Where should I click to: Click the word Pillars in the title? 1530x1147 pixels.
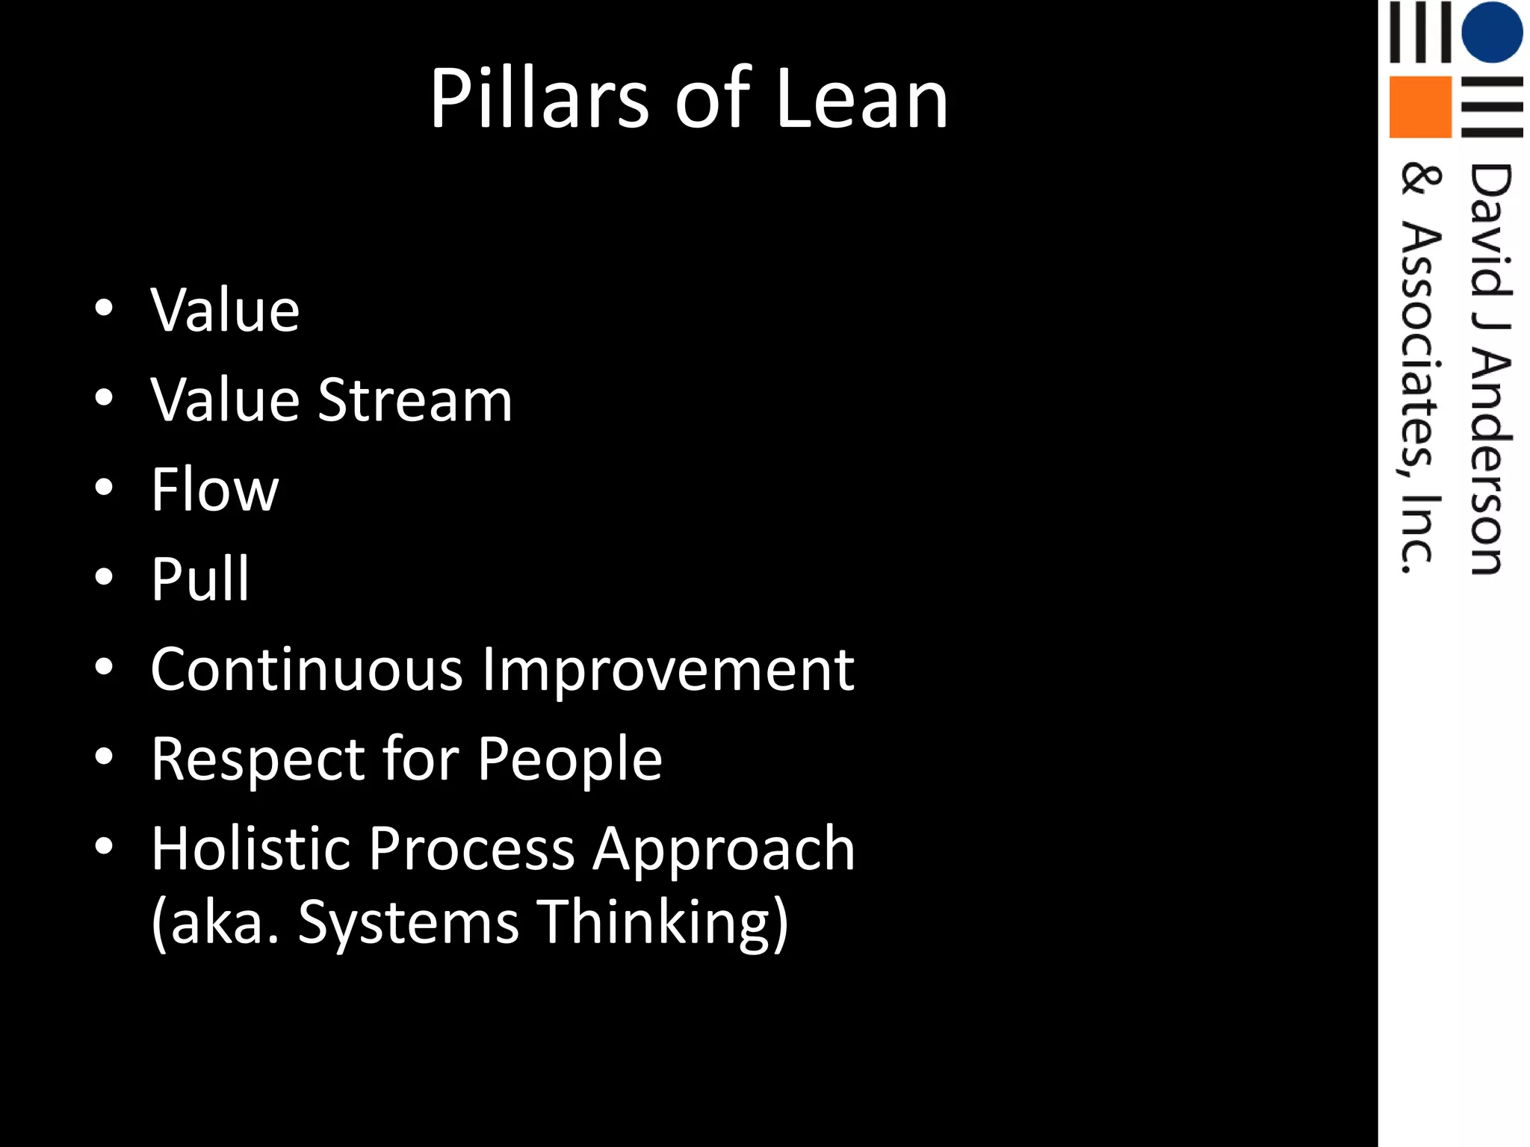(x=538, y=99)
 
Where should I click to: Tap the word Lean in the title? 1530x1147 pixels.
(x=861, y=99)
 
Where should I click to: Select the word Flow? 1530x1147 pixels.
(x=214, y=490)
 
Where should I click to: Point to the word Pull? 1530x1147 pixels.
(x=199, y=579)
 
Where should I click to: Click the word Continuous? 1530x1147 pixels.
(x=306, y=669)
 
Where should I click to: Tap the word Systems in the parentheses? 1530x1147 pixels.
(x=408, y=923)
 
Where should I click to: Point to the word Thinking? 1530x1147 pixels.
(x=662, y=923)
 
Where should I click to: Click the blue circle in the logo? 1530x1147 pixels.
(x=1492, y=32)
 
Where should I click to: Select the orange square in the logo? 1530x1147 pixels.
(x=1419, y=107)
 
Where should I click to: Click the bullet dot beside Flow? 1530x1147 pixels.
(x=104, y=488)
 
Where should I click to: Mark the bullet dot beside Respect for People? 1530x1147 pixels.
(x=104, y=756)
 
